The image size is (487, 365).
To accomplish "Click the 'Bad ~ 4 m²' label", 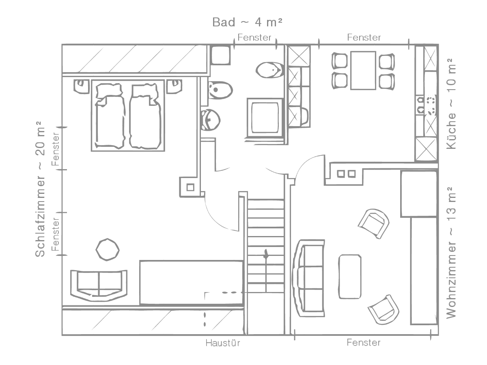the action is [247, 22].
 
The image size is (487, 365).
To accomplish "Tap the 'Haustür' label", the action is [222, 343].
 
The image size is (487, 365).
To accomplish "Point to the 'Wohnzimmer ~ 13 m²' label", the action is [451, 253].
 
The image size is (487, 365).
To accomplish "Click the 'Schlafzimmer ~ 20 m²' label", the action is [40, 189].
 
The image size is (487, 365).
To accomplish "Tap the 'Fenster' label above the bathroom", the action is [254, 37].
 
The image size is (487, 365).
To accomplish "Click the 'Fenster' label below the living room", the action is [363, 343].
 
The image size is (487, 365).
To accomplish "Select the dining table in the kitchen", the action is [363, 71].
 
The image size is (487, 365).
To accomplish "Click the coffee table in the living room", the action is [350, 277].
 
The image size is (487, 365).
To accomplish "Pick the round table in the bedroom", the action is [108, 249].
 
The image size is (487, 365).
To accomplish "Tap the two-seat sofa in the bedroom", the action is [99, 286].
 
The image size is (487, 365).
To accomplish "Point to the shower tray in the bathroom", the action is [265, 118].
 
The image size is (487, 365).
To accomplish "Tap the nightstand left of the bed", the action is [82, 87].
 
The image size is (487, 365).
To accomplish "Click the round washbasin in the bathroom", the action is [210, 120].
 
